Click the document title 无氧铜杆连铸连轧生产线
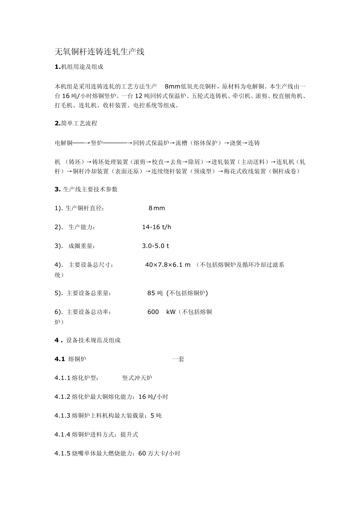pos(100,52)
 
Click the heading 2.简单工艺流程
pos(76,123)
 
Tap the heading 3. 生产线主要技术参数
pos(86,189)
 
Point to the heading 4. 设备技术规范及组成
pos(88,340)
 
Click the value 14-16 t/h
pos(157,227)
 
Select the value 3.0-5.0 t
pos(155,246)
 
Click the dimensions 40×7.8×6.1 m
pos(167,265)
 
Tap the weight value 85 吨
pos(155,293)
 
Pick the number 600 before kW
pos(153,312)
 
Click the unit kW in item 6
pos(171,312)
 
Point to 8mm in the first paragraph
pos(172,86)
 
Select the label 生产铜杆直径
pos(84,208)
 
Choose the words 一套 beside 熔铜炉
pos(178,359)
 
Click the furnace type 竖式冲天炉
pos(137,378)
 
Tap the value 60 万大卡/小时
pos(159,453)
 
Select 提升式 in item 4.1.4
pos(129,434)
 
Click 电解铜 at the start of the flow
pos(64,143)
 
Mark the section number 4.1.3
pos(63,416)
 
